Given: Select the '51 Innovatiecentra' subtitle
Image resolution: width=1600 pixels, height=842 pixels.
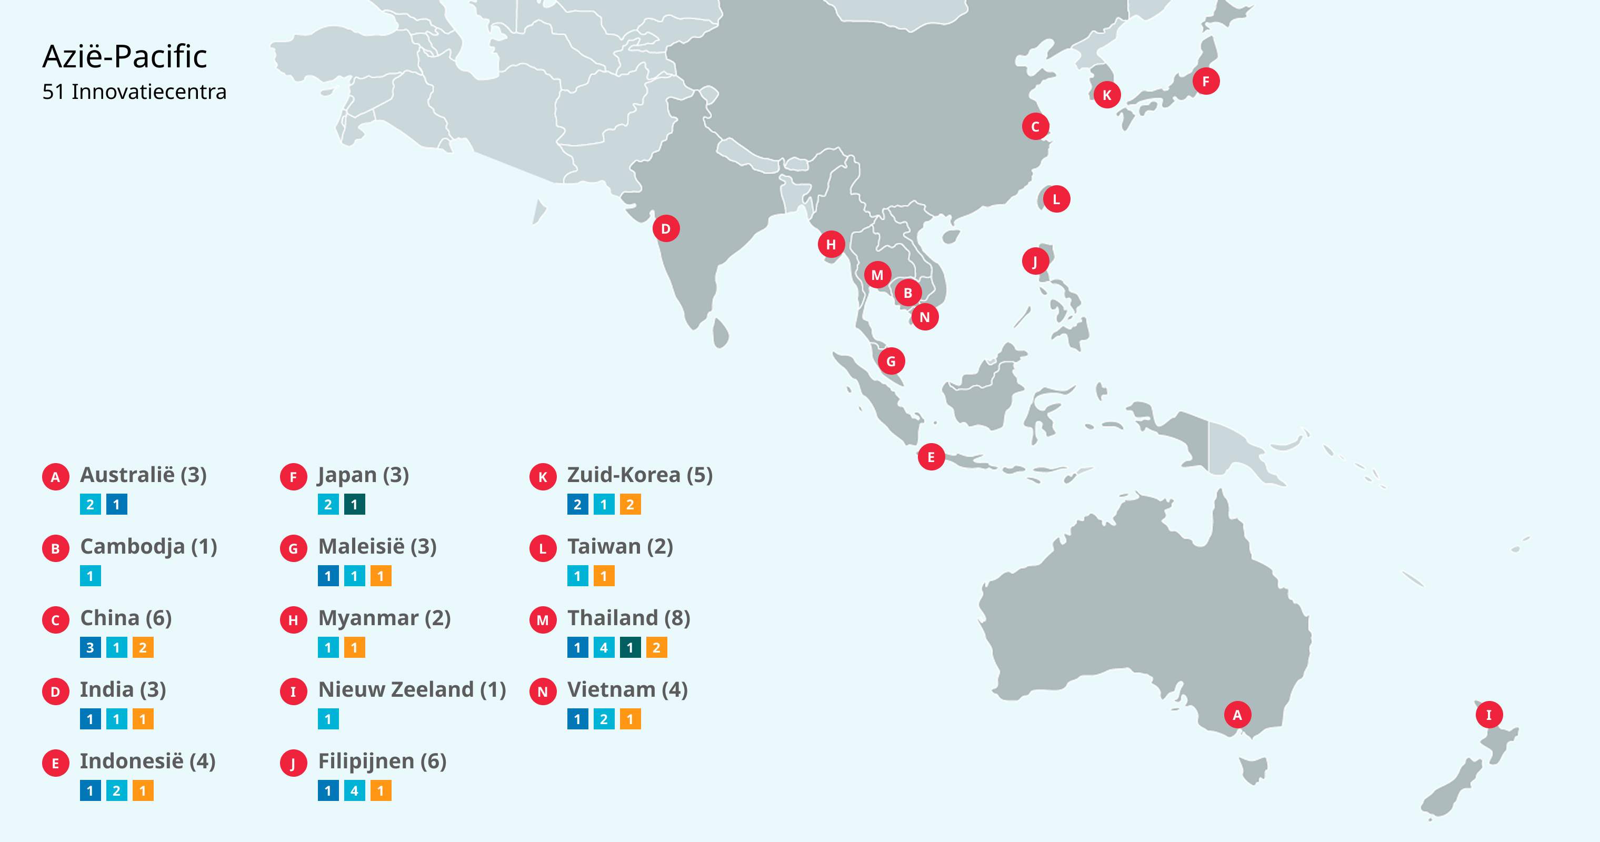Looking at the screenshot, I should [134, 92].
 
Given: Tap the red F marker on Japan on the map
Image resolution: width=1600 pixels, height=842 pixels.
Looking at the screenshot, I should [1206, 82].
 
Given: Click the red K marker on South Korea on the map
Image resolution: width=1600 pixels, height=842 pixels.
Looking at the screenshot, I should [1107, 95].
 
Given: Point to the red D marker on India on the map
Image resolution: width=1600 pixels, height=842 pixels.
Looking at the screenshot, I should [666, 228].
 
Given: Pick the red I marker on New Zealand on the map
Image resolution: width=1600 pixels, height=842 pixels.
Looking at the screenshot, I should [1489, 715].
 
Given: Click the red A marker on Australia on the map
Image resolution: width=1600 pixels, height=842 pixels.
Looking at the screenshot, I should [1237, 715].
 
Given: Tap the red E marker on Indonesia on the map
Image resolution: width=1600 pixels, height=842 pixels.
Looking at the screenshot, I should [931, 457].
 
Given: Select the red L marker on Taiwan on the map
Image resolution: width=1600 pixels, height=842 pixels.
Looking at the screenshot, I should [1056, 199].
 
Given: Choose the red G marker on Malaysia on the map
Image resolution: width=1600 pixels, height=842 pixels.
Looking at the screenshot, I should [891, 361].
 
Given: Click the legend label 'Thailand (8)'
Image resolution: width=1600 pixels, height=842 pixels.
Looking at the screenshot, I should [628, 618].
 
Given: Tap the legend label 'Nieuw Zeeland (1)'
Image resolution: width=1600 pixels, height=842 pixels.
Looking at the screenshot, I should [412, 689].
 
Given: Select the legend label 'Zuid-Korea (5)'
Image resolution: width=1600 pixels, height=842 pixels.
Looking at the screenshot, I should [640, 475].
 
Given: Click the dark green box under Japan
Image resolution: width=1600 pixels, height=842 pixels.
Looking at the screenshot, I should [355, 504].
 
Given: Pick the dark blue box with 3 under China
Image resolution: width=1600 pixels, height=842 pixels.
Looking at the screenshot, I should [90, 648].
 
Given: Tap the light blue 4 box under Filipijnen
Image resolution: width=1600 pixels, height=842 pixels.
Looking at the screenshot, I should [355, 790].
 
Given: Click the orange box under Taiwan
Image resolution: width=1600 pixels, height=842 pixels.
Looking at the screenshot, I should [604, 576].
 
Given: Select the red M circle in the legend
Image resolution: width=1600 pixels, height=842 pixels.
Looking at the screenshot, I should [543, 620].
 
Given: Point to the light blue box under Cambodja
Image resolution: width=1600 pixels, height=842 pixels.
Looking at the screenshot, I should [90, 576].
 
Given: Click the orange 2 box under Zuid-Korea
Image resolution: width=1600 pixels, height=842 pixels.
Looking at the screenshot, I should [630, 504].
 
